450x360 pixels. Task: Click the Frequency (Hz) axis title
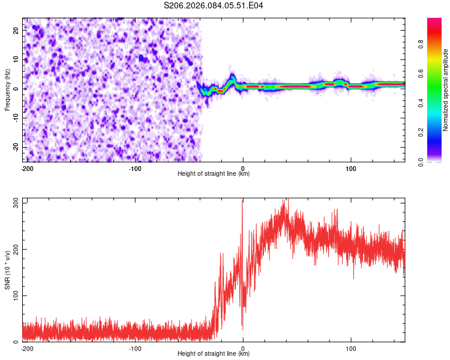(7, 89)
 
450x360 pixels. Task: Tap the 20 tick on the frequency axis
(17, 29)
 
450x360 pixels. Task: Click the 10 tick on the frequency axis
(17, 59)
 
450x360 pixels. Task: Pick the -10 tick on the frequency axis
(16, 118)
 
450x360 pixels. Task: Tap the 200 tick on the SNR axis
(14, 249)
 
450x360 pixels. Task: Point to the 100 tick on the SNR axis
(14, 296)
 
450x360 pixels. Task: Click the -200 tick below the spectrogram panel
(27, 168)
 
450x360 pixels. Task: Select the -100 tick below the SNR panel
(135, 348)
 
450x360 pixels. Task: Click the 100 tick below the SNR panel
(351, 348)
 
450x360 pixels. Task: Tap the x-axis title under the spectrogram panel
(214, 174)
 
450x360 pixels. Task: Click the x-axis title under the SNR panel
(214, 354)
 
